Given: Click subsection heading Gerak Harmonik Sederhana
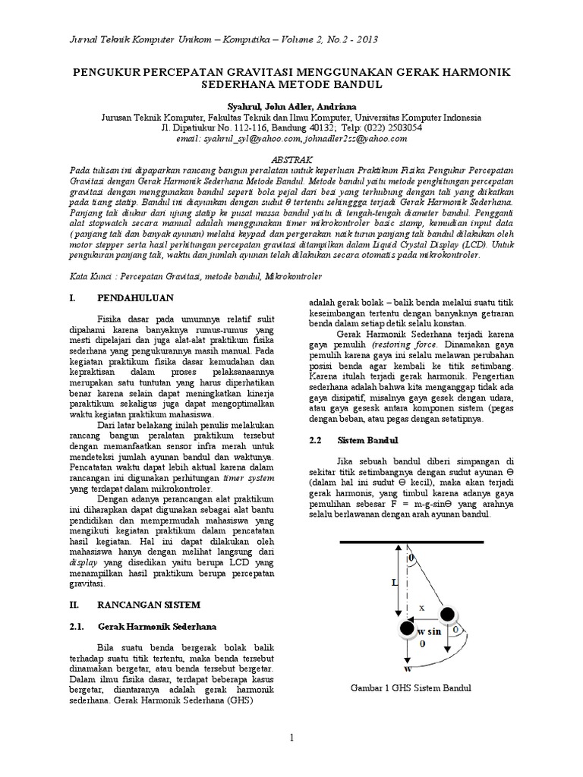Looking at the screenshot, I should point(157,627).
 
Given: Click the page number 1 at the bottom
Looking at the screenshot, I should point(291,737).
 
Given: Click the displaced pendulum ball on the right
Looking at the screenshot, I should point(448,613).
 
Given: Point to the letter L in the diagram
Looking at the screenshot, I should point(373,582).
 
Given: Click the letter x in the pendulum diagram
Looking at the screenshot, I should point(421,607).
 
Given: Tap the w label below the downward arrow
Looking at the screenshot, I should point(408,668).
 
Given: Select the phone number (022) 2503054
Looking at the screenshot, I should point(385,128).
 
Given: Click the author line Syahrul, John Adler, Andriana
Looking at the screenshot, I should point(291,107).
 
